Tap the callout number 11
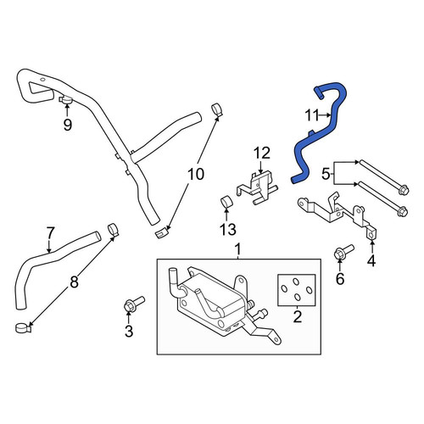312,115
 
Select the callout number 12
262,153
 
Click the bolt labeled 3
134,304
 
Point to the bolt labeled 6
343,252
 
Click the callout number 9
67,125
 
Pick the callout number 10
196,174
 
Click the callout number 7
50,233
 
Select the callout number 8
74,282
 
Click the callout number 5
326,175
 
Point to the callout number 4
371,260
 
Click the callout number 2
298,317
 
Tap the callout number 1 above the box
238,249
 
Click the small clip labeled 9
65,99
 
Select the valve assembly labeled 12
258,188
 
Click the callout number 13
228,229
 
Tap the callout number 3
129,332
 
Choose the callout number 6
340,279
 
